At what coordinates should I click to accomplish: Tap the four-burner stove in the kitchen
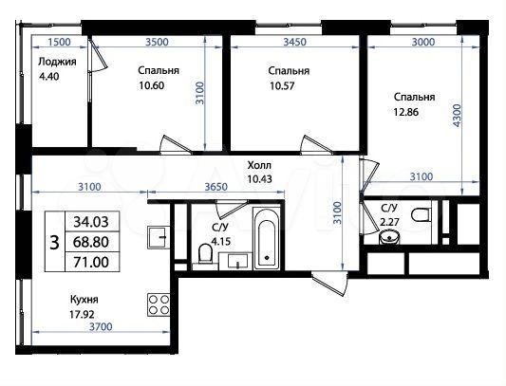[x=158, y=304]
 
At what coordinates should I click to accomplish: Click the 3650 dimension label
[x=219, y=188]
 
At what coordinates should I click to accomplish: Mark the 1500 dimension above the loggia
[x=59, y=42]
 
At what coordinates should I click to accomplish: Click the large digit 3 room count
[x=53, y=241]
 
